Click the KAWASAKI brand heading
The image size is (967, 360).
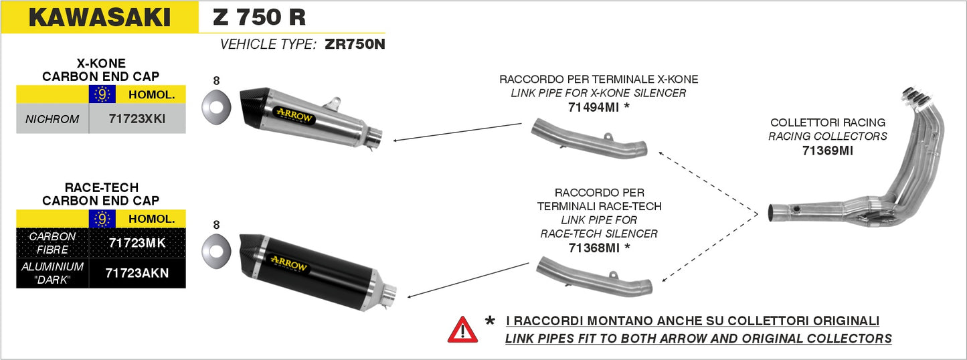click(99, 18)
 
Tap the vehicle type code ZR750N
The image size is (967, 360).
click(355, 45)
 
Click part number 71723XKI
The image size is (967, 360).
click(137, 119)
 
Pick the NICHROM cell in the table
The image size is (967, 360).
click(52, 119)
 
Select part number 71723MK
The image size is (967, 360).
click(137, 243)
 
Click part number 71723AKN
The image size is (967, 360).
click(137, 273)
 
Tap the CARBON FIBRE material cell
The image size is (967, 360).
click(52, 243)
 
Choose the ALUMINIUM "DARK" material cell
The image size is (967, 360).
click(52, 273)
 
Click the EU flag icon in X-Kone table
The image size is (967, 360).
click(102, 94)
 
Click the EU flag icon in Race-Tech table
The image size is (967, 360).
click(102, 218)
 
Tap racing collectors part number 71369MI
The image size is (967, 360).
click(827, 151)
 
